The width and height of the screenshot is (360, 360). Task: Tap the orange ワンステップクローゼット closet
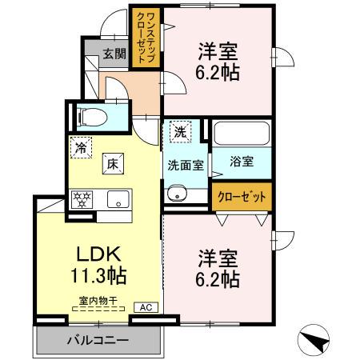(148, 38)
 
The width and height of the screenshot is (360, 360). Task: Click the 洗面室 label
(185, 166)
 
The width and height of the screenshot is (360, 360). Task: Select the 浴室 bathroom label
(242, 161)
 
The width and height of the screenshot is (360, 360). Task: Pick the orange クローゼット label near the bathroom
(242, 195)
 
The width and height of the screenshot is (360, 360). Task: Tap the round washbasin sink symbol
(176, 193)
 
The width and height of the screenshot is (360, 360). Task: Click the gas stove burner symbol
(82, 198)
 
